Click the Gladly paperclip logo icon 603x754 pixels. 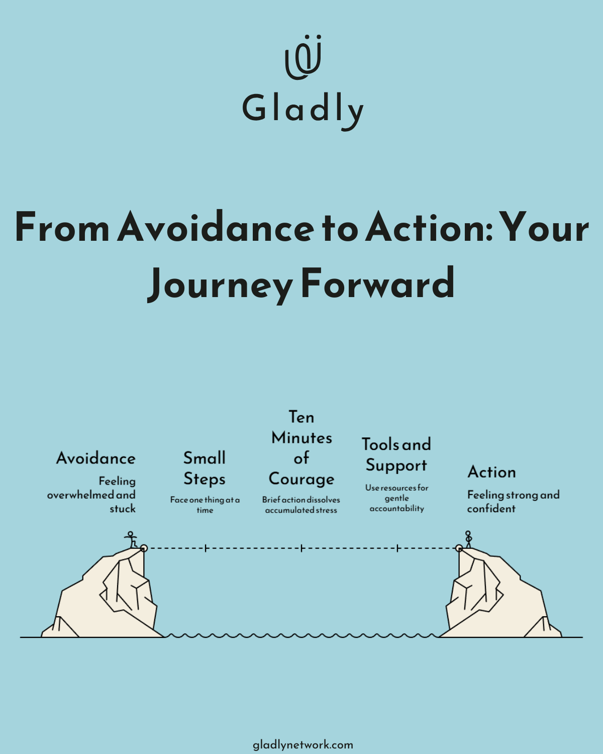303,57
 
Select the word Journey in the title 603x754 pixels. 220,285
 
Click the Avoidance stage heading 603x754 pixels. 95,458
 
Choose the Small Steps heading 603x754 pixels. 205,468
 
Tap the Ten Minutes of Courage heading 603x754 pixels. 301,448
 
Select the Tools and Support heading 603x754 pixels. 396,454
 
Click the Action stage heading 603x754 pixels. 491,472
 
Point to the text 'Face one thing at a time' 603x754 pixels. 205,505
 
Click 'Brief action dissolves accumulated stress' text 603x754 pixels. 301,505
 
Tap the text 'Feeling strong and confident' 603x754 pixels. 513,501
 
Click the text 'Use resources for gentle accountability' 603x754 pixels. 396,498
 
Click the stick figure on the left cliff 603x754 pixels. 131,540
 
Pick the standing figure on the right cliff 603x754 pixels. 468,539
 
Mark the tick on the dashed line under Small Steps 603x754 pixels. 206,548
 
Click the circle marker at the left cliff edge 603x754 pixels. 144,548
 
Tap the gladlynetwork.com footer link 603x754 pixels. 303,744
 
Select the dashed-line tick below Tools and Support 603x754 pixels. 397,548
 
